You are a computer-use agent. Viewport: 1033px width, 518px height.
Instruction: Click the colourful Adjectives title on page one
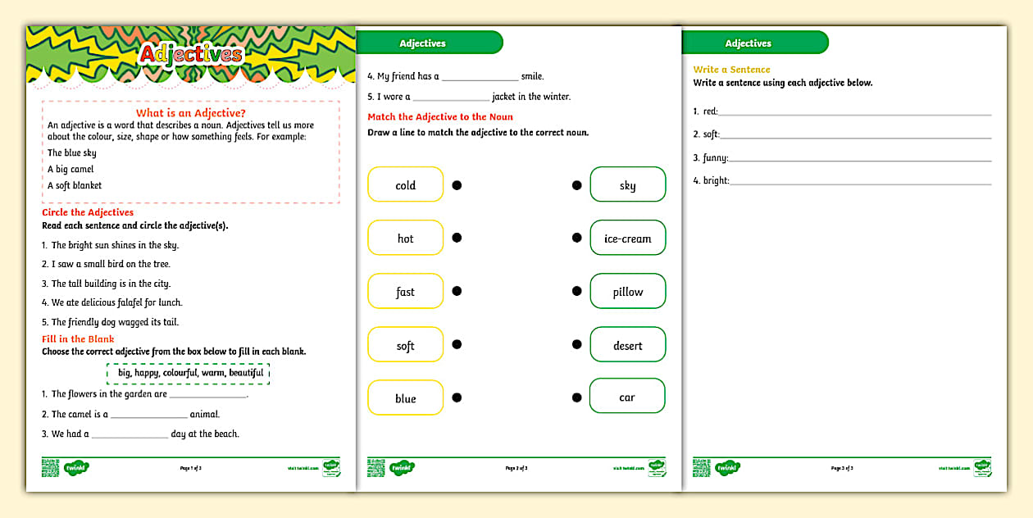[191, 54]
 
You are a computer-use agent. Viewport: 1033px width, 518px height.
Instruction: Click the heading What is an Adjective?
[190, 113]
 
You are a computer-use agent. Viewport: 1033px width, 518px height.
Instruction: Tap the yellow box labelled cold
[405, 185]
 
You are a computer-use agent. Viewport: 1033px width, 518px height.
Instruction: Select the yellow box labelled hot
[405, 239]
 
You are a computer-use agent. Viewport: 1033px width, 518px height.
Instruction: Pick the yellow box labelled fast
[405, 292]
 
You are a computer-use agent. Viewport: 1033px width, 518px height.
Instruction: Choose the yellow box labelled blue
[405, 398]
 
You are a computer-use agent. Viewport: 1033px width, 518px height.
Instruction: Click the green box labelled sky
[627, 185]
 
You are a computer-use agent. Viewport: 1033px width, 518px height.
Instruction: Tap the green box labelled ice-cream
[627, 239]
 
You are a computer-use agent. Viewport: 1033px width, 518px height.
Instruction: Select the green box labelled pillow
[627, 292]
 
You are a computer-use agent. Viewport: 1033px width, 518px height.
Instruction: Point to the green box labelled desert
[627, 345]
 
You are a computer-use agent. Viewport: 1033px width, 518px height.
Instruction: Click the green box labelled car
[627, 397]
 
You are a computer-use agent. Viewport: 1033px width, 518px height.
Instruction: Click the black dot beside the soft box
[457, 344]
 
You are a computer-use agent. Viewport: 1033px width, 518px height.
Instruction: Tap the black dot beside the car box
[576, 398]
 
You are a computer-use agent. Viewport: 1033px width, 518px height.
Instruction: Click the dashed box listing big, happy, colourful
[188, 373]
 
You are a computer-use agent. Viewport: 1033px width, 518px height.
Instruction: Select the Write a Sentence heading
[731, 70]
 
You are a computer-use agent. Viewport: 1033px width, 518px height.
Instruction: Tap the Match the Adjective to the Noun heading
[439, 117]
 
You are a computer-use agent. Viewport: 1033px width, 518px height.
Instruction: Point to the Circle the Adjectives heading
[88, 212]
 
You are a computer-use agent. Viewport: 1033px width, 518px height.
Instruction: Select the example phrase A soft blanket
[75, 185]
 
